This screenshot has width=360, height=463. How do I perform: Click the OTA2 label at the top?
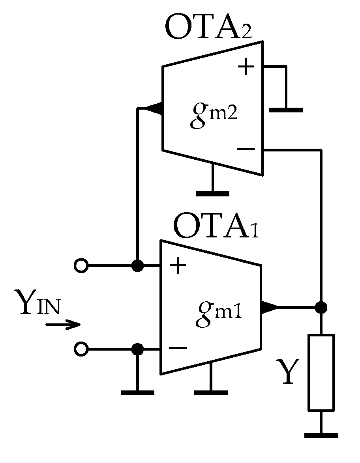coord(208,28)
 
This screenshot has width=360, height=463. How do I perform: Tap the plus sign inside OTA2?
coord(246,67)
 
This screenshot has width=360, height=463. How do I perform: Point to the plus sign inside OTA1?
coord(178,266)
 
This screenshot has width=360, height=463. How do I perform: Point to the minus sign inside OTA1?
coord(178,348)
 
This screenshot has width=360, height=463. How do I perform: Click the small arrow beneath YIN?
coord(63,325)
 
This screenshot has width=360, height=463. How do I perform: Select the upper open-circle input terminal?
coord(81,266)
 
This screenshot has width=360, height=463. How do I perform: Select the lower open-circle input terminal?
coord(81,349)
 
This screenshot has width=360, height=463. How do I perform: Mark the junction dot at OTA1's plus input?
coord(137,266)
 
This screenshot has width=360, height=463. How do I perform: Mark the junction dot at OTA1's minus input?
coord(137,349)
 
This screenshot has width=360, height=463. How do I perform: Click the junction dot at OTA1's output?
coord(321,307)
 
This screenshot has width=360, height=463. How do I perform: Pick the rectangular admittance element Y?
coord(321,372)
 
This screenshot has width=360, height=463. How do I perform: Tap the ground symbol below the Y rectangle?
coord(321,435)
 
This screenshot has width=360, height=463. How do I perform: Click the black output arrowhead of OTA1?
coord(269,307)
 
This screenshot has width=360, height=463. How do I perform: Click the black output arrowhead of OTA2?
coord(153,108)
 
